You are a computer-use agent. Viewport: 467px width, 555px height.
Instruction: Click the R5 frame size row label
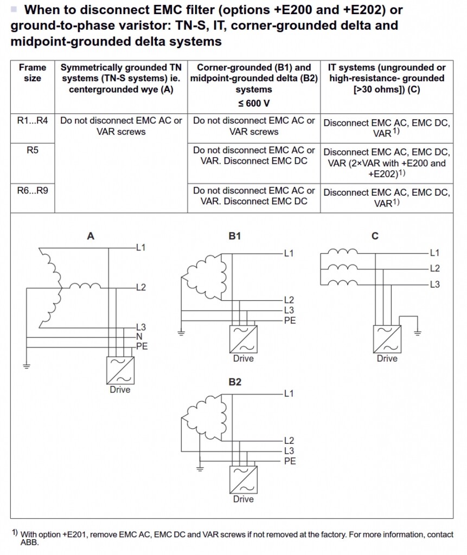(x=32, y=150)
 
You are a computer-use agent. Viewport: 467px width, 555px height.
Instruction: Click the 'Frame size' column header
(x=32, y=73)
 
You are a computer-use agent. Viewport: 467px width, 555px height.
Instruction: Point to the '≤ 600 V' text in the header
(x=254, y=104)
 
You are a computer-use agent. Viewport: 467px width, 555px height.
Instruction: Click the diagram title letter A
(x=91, y=236)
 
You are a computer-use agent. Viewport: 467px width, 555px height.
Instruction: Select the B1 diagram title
(x=234, y=236)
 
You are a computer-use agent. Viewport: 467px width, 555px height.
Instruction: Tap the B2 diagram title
(x=234, y=382)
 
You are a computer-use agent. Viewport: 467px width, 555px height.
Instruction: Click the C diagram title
(x=375, y=236)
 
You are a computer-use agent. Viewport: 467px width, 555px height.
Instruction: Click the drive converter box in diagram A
(x=120, y=370)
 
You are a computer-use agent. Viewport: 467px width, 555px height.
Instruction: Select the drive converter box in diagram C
(x=387, y=339)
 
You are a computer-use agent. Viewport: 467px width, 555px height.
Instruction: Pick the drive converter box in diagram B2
(x=244, y=480)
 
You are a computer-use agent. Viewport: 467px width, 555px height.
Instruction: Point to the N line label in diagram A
(x=139, y=337)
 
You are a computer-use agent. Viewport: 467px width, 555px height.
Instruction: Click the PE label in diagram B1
(x=290, y=320)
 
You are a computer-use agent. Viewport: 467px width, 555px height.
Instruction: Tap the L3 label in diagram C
(x=435, y=284)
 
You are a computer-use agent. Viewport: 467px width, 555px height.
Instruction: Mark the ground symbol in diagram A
(x=27, y=366)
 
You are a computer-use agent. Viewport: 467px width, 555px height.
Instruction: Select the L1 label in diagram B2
(x=289, y=393)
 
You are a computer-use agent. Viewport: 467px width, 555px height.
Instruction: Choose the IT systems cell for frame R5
(x=387, y=163)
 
